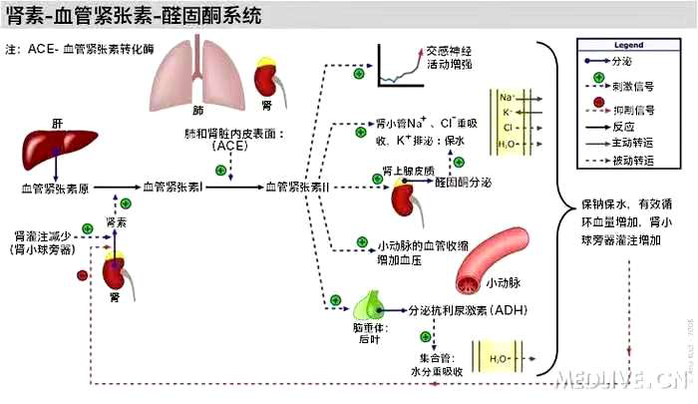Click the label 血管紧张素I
[x=174, y=187]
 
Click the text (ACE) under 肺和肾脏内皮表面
[x=229, y=146]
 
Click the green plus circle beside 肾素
[x=125, y=203]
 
